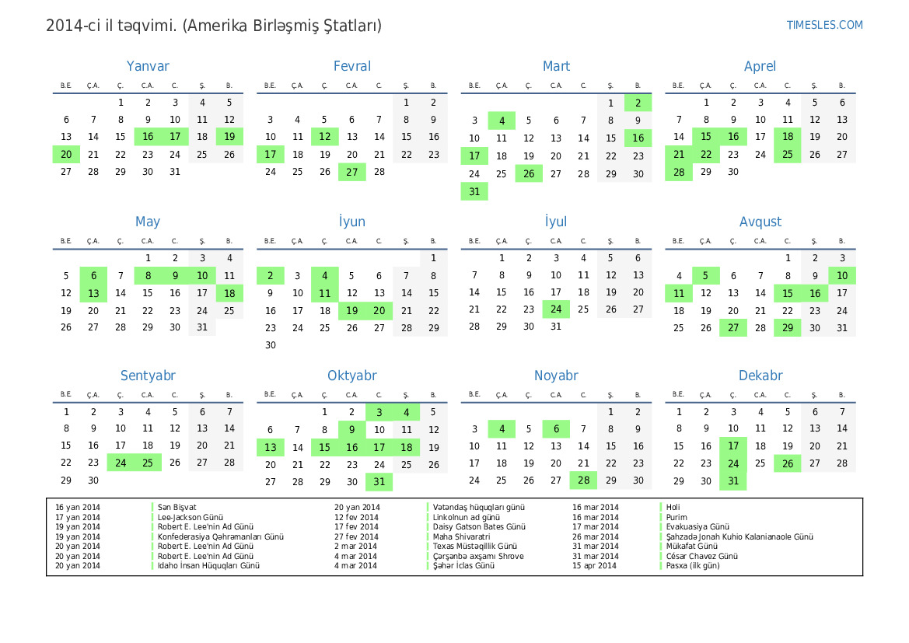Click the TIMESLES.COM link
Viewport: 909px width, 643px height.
[824, 25]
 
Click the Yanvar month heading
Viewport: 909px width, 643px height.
[148, 67]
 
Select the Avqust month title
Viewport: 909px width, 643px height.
[760, 222]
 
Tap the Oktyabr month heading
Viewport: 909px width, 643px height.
[352, 376]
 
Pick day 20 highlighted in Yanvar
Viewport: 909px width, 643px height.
[66, 155]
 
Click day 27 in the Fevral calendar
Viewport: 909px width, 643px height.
[352, 172]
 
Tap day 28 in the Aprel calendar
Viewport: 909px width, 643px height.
[679, 172]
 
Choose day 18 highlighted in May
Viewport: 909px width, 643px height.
[229, 293]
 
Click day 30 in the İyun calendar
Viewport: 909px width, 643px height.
[271, 345]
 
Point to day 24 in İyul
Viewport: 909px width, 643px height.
[556, 309]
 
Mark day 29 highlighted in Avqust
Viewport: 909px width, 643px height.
[788, 328]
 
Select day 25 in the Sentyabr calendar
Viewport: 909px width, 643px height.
[148, 463]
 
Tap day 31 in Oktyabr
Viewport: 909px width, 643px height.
[379, 482]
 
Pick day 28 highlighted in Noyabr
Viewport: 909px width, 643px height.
[583, 481]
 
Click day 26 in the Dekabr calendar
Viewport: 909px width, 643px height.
[788, 463]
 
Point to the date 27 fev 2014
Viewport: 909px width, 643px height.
[356, 536]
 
